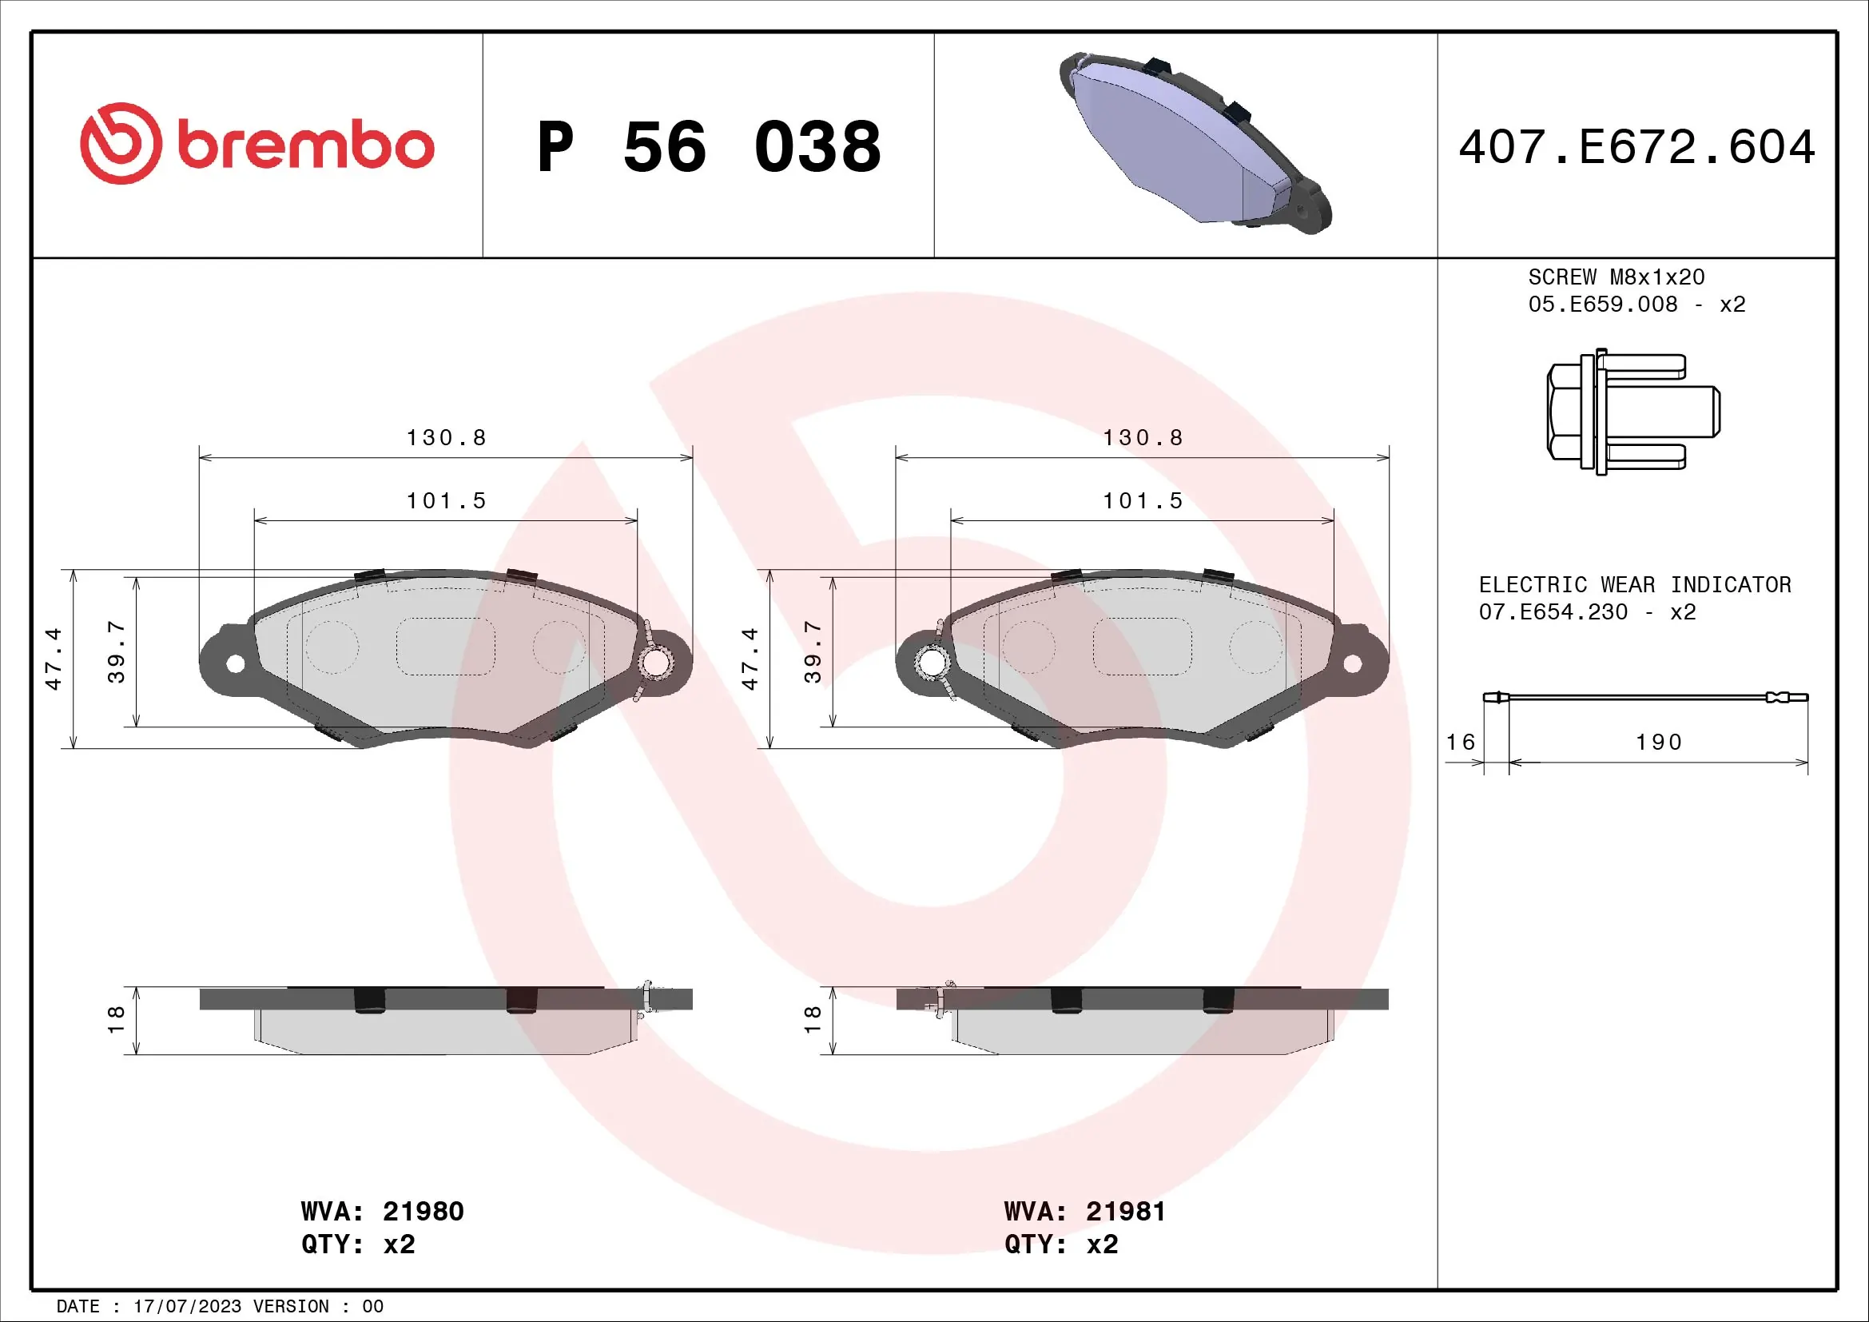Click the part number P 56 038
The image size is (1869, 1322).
click(708, 147)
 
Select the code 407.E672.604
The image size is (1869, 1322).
click(1636, 147)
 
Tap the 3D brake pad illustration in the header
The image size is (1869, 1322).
click(1195, 143)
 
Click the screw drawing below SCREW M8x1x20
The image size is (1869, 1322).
click(1632, 412)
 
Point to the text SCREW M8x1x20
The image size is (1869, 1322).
click(1616, 277)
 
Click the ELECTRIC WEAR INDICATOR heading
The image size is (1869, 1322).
click(1635, 585)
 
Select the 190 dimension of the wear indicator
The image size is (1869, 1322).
click(1658, 743)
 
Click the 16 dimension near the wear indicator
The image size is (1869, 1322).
click(1461, 743)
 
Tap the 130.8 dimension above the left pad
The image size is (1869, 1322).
click(446, 438)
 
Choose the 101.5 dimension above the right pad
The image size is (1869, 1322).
click(1142, 500)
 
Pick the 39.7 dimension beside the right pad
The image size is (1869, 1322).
click(813, 651)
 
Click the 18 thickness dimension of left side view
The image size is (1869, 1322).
click(116, 1018)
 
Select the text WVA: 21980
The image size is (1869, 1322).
click(383, 1211)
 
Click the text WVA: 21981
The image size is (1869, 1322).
click(1085, 1211)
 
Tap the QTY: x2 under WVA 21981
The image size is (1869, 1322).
click(1060, 1244)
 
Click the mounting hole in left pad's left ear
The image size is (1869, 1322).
click(235, 663)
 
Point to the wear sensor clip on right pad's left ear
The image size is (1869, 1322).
click(930, 663)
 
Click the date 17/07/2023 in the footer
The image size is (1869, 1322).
click(187, 1307)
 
